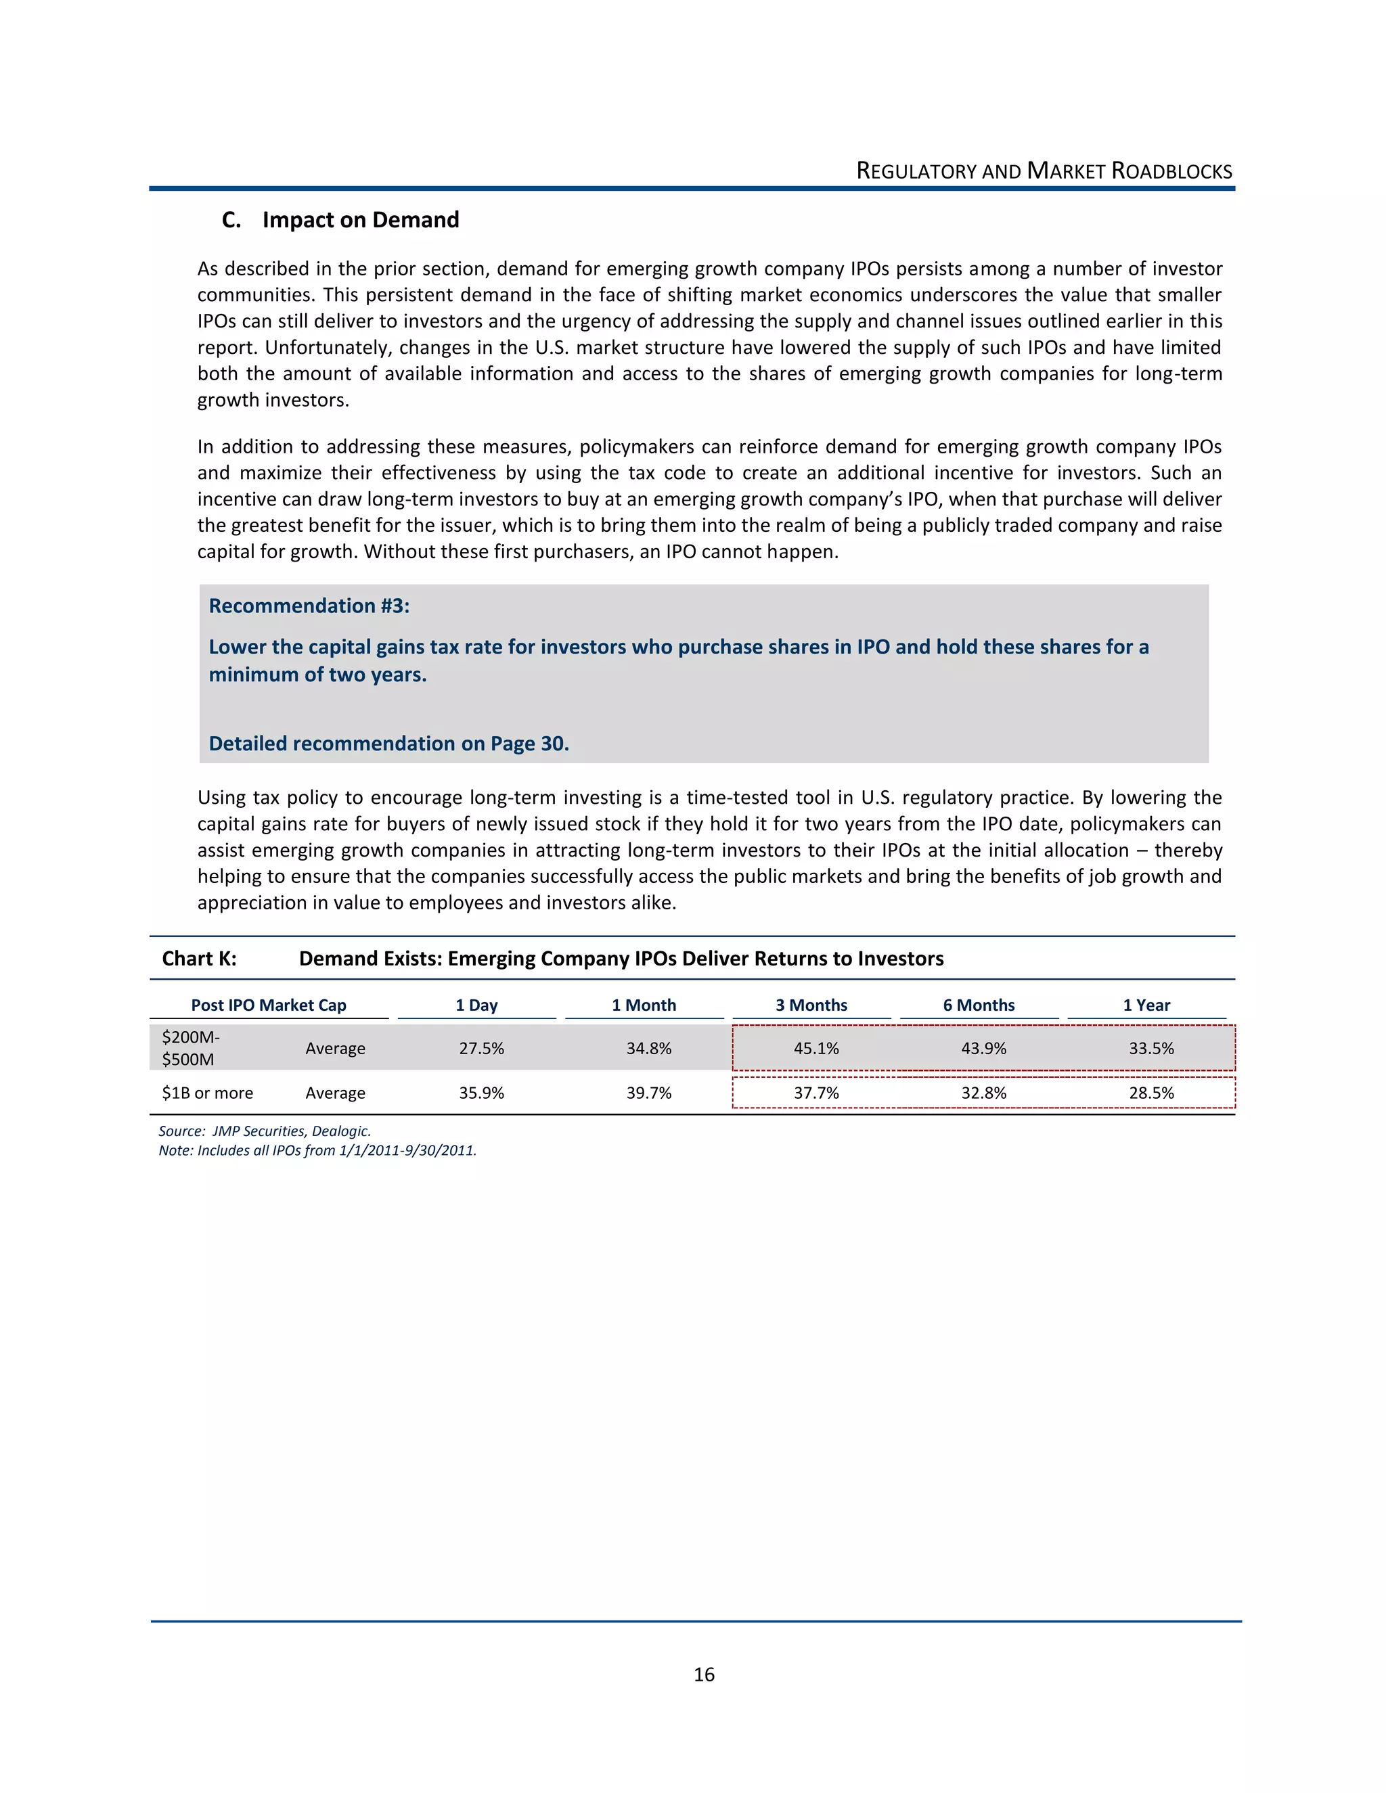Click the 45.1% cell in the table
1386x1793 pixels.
point(816,1048)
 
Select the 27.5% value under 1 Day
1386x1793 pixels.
point(481,1048)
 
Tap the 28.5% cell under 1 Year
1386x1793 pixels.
point(1151,1093)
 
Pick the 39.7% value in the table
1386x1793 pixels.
point(648,1093)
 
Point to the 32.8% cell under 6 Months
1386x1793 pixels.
point(983,1093)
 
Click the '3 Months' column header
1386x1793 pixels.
point(811,1005)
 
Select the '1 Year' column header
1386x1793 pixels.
point(1146,1005)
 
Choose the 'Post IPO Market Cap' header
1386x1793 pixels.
point(269,1005)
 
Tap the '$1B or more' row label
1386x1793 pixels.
point(208,1093)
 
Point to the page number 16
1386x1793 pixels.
point(704,1675)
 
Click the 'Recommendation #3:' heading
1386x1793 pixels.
point(309,606)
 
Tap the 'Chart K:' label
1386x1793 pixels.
point(199,958)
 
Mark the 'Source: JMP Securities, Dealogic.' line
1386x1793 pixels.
point(265,1131)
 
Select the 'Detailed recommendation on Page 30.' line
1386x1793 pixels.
point(388,744)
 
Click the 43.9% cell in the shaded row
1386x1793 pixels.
point(983,1048)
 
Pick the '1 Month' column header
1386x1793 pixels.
point(644,1005)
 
